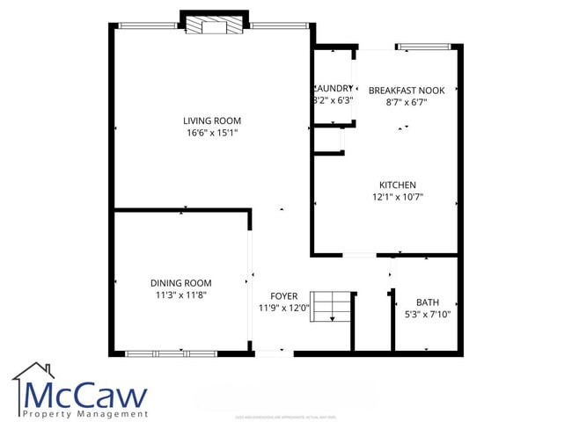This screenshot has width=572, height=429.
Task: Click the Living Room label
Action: coord(211,120)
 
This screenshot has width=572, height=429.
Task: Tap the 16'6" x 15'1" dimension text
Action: coord(211,133)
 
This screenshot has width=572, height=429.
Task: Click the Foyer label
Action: coord(283,296)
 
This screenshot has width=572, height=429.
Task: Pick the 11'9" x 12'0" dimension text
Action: coord(283,309)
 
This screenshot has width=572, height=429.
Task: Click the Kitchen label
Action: coord(397,185)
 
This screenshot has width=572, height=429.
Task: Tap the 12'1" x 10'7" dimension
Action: coord(397,197)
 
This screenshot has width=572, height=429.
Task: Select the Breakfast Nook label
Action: coord(406,91)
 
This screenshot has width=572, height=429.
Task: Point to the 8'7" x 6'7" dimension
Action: coord(406,102)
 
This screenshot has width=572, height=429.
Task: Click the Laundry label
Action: coord(334,88)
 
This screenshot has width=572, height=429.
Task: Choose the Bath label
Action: coord(427,302)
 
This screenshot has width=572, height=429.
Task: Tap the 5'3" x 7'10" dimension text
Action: coord(427,314)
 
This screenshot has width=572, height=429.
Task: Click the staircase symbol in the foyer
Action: coord(332,308)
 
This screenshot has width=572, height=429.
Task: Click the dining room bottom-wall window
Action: coord(171,353)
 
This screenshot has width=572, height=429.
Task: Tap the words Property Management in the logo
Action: coord(85,413)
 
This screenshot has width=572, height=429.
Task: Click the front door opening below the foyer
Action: coord(274,353)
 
